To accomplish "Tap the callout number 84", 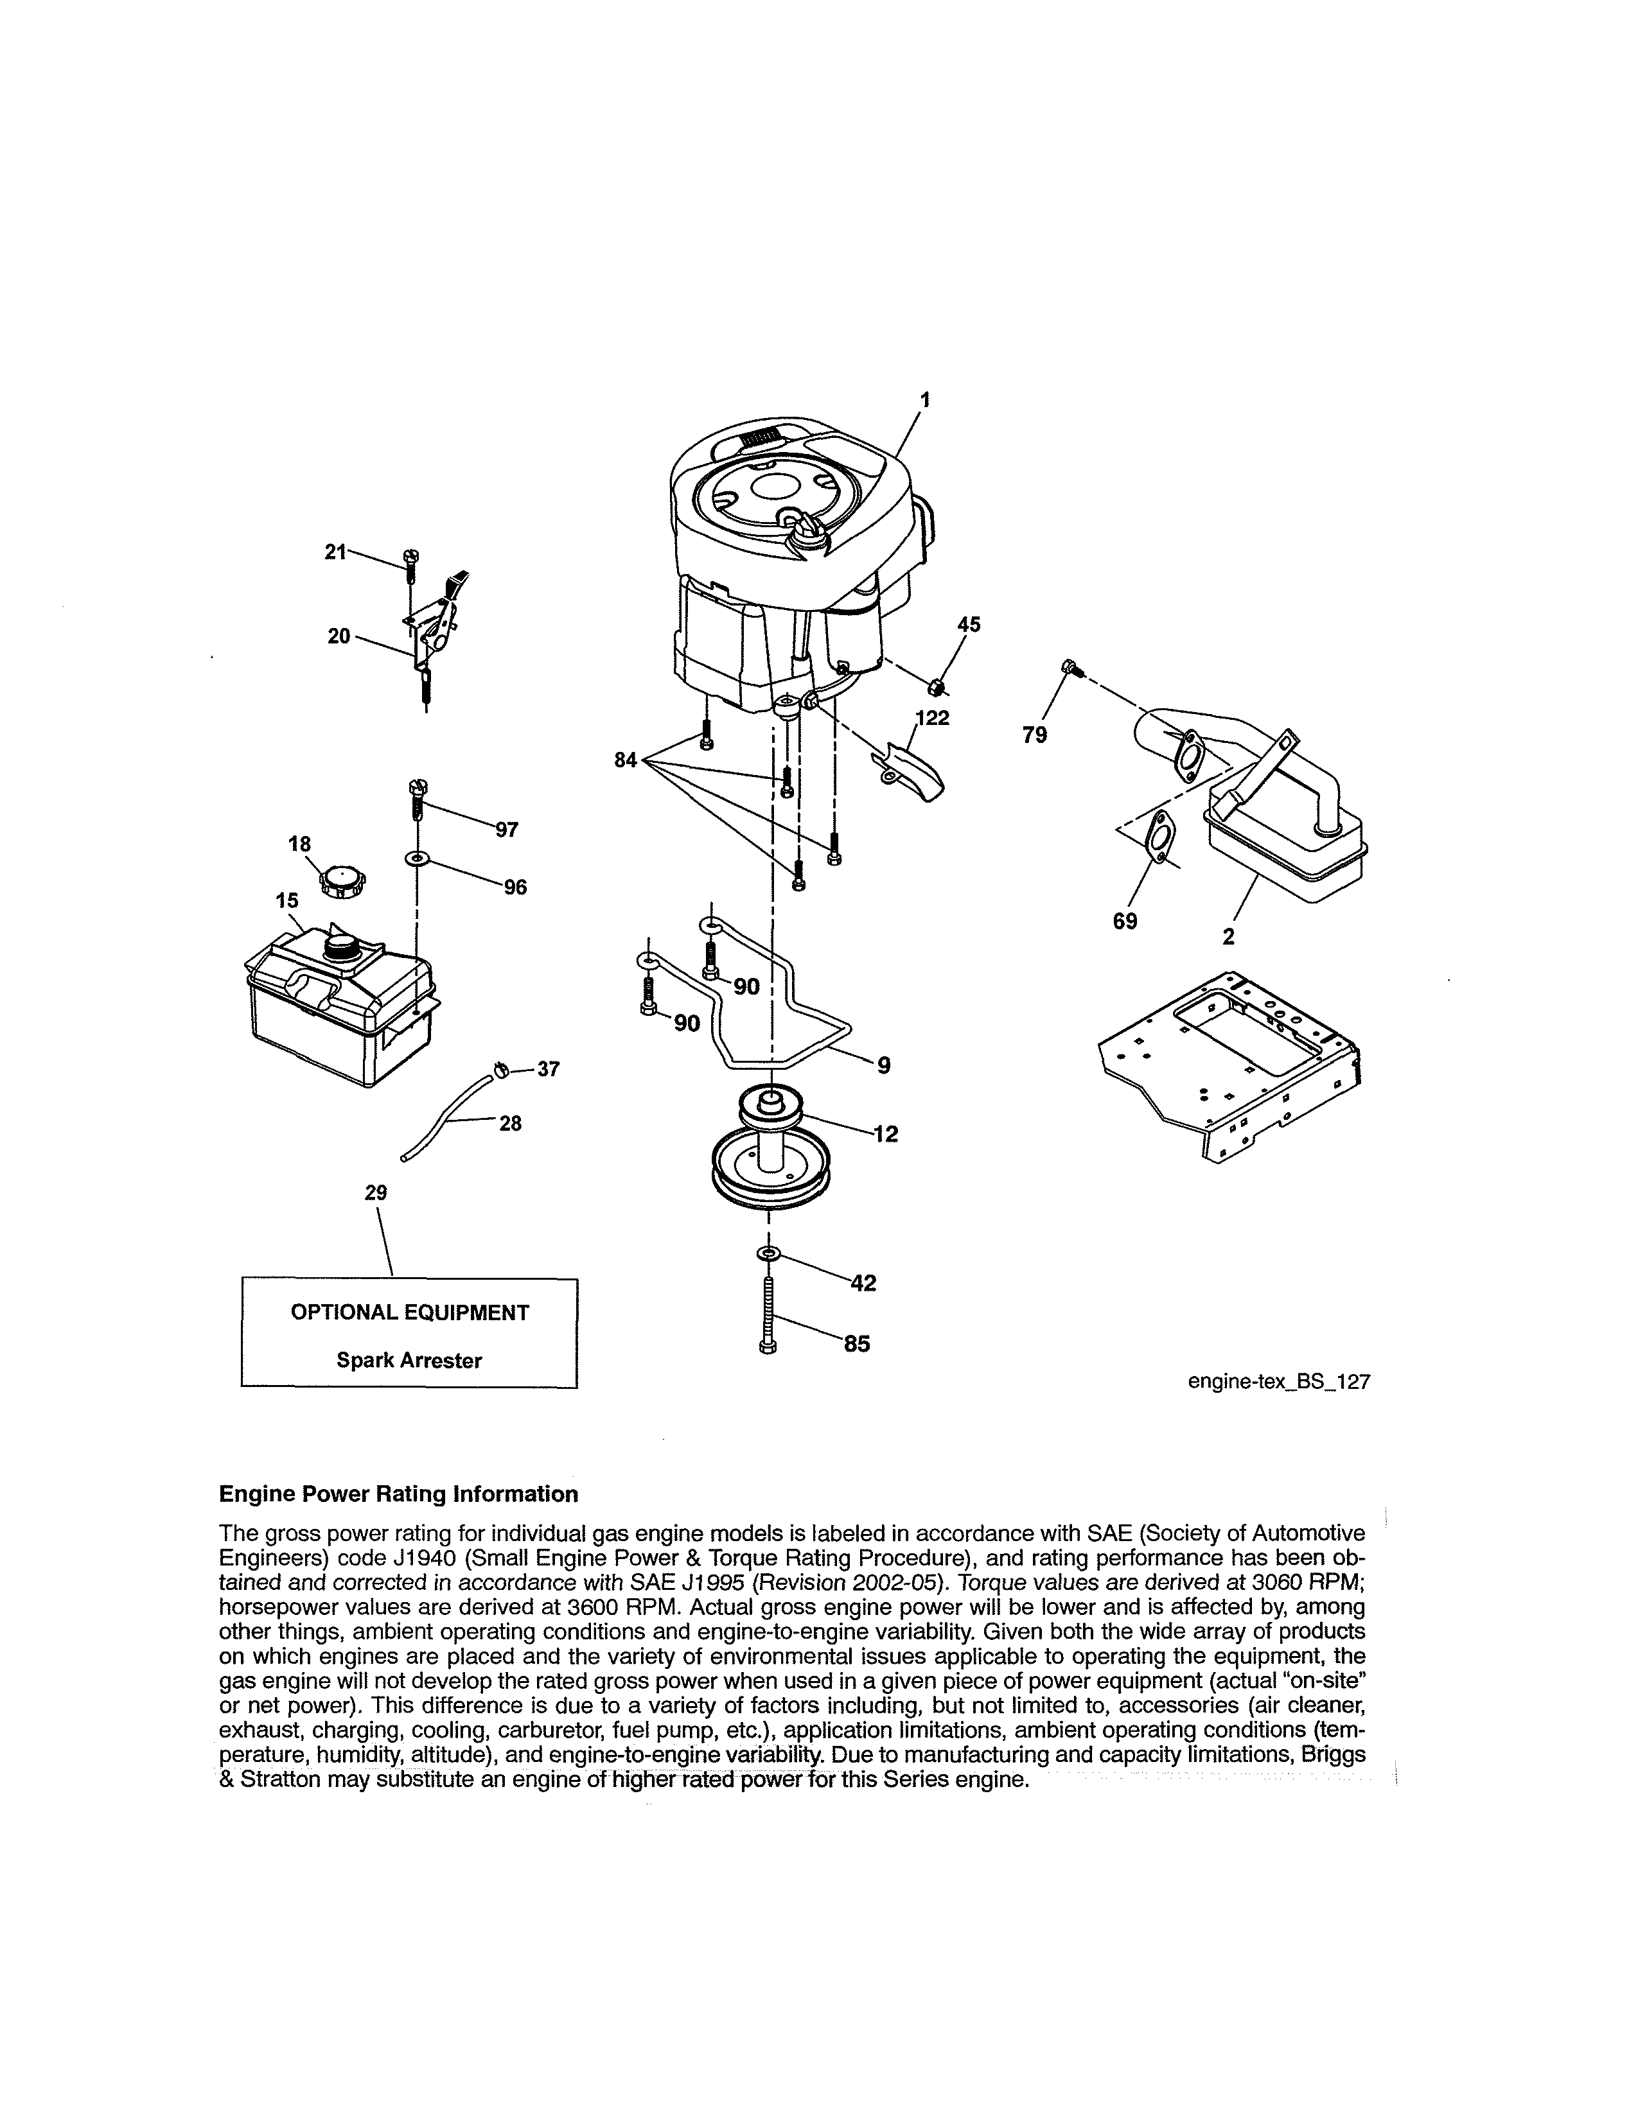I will coord(626,760).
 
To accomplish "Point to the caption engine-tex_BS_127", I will coord(1278,1382).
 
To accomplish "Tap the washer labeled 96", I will coord(416,859).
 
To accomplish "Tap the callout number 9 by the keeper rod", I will coord(883,1065).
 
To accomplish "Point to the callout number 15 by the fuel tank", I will coord(287,900).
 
